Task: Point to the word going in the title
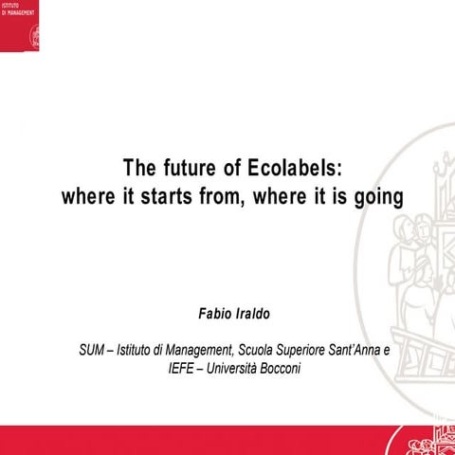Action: tap(377, 198)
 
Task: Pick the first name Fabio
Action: tap(213, 310)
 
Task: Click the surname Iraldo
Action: tap(251, 310)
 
